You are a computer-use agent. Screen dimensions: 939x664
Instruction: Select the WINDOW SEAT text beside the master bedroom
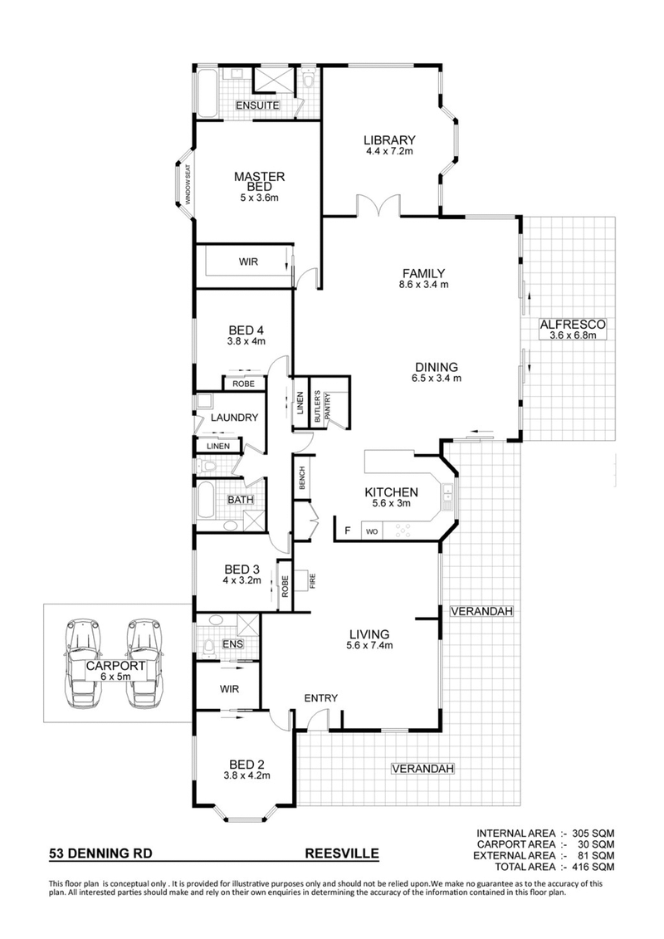click(x=188, y=185)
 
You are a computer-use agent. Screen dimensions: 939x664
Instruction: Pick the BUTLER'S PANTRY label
click(x=321, y=408)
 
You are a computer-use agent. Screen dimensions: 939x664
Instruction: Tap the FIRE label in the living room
click(x=313, y=580)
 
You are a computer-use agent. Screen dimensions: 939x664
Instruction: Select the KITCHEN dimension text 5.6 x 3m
click(x=390, y=504)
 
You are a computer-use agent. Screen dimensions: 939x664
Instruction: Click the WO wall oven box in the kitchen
click(x=371, y=529)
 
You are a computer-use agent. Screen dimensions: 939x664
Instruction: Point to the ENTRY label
click(x=320, y=698)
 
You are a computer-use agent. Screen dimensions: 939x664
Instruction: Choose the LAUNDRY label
click(x=234, y=418)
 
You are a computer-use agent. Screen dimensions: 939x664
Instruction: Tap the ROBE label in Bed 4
click(x=243, y=384)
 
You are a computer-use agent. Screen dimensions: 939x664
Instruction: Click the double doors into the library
click(x=377, y=206)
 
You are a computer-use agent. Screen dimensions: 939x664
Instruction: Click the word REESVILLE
click(x=342, y=852)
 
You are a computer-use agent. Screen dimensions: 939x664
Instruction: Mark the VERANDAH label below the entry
click(x=422, y=769)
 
